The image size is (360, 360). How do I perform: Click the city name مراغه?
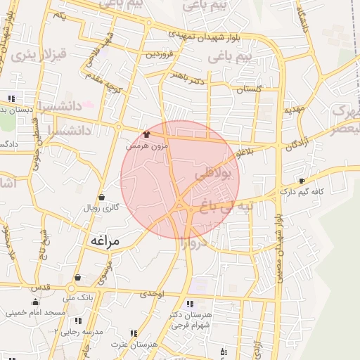(x=105, y=240)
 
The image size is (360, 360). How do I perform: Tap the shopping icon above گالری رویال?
(x=103, y=198)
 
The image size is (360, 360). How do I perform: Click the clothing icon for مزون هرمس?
(x=146, y=134)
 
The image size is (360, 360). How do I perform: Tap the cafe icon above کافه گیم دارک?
(x=302, y=181)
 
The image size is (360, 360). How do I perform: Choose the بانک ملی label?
(x=77, y=299)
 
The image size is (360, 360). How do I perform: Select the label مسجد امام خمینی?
(x=35, y=312)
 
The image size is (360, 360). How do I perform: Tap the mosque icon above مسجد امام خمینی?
(x=35, y=302)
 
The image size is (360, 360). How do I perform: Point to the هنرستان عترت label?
(x=134, y=344)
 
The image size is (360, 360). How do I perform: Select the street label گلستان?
(x=249, y=90)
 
